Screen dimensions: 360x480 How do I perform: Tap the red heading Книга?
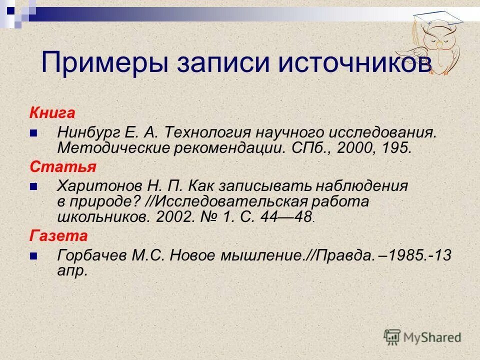coord(52,113)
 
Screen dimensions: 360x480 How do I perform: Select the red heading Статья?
coord(55,166)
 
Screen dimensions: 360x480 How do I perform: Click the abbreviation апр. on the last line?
coord(73,270)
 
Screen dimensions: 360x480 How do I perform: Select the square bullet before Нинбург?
coord(33,133)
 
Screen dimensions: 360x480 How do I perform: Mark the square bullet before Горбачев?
coord(33,255)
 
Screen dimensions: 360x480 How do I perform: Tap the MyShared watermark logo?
coord(422,336)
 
